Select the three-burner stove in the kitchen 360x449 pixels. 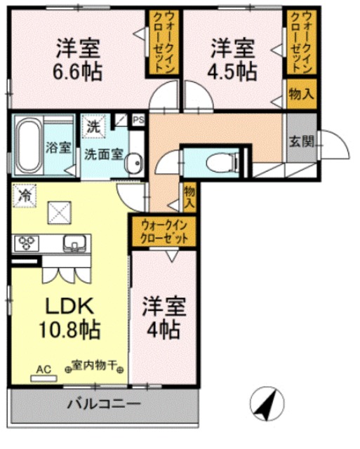pyautogui.click(x=27, y=244)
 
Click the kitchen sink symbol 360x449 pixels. pyautogui.click(x=73, y=244)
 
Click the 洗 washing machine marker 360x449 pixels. pyautogui.click(x=93, y=128)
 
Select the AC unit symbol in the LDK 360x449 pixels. pyautogui.click(x=44, y=370)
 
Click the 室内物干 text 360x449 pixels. pyautogui.click(x=95, y=366)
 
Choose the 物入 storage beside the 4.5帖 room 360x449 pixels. pyautogui.click(x=299, y=94)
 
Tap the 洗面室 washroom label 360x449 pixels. pyautogui.click(x=102, y=152)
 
